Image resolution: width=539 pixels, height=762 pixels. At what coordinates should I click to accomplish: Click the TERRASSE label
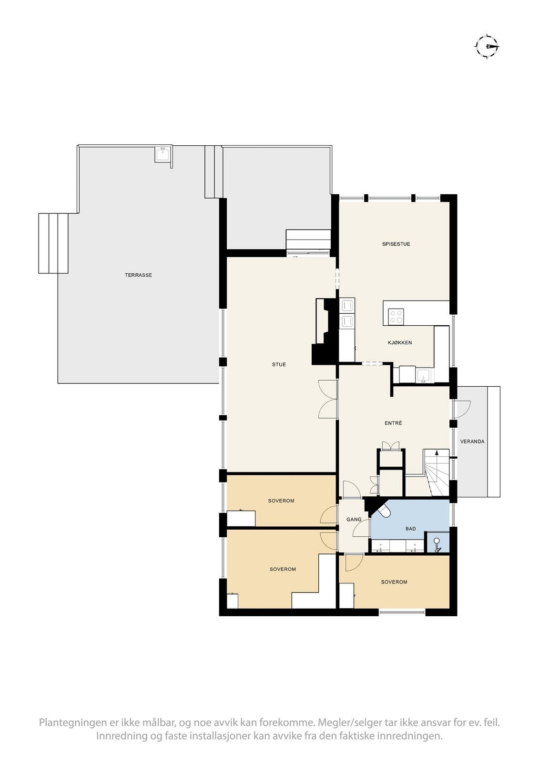(138, 275)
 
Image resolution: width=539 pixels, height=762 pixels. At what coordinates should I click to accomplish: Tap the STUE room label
(279, 365)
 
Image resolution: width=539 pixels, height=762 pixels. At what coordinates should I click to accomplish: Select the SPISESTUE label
(396, 244)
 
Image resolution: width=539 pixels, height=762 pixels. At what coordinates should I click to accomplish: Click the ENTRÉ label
(393, 423)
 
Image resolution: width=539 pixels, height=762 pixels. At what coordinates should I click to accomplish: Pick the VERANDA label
(472, 441)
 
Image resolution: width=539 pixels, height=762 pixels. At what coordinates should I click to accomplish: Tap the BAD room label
(410, 529)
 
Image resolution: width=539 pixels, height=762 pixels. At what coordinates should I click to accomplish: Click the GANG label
(354, 520)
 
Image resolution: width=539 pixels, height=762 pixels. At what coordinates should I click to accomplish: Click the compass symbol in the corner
(487, 46)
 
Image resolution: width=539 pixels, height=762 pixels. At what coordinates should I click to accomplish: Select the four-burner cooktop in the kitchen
(396, 316)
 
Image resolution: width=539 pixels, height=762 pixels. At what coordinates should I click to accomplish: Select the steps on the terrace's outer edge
(53, 243)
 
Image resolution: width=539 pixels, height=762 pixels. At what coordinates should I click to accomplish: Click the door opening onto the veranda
(461, 410)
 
